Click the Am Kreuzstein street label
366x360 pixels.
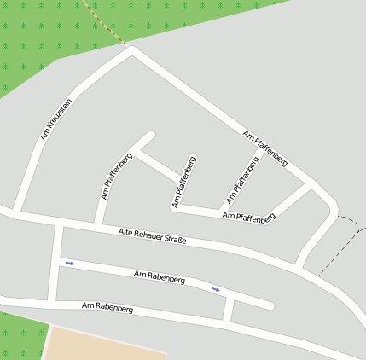(x=56, y=119)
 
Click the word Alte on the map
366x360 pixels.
(x=126, y=231)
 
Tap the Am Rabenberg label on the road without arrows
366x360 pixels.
(x=107, y=306)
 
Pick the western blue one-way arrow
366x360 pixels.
(x=70, y=264)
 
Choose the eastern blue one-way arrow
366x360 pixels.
(x=216, y=289)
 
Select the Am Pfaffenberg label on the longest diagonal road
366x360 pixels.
(x=264, y=148)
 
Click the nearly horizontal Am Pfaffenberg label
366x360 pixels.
(x=248, y=218)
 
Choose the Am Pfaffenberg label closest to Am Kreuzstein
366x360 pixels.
(x=116, y=175)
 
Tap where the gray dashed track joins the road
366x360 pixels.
(x=317, y=276)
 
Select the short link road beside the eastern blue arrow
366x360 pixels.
(x=227, y=308)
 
